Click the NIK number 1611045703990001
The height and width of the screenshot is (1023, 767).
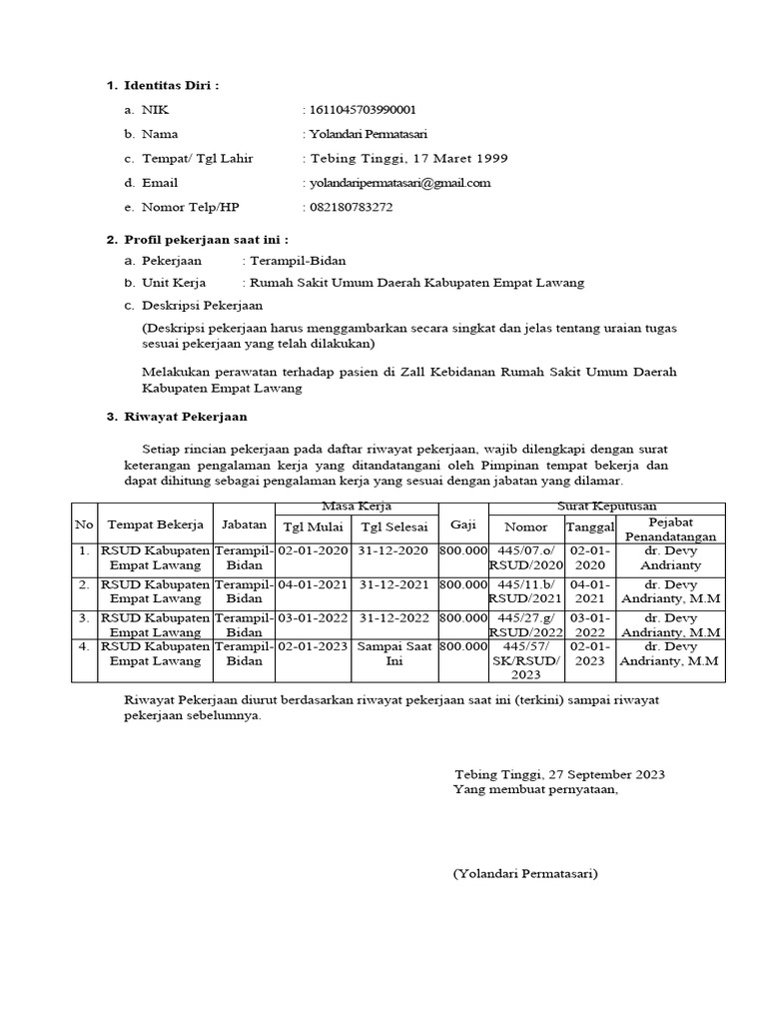tap(363, 110)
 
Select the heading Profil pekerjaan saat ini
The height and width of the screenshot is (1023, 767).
tap(206, 240)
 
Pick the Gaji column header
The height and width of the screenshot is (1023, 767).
tap(462, 524)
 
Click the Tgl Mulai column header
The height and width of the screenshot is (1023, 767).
tap(313, 527)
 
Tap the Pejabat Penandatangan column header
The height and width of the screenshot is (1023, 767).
tap(671, 528)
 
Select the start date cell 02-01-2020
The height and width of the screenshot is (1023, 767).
tap(313, 550)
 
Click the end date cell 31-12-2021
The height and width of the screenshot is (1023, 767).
tap(393, 584)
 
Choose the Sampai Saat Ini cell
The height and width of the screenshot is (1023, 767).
tap(393, 653)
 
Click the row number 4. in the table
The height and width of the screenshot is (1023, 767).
tap(84, 646)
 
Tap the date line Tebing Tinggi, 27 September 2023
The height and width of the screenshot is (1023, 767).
tap(559, 774)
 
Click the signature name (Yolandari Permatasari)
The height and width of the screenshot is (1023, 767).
tap(525, 873)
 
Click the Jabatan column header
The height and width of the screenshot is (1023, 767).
tap(244, 524)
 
